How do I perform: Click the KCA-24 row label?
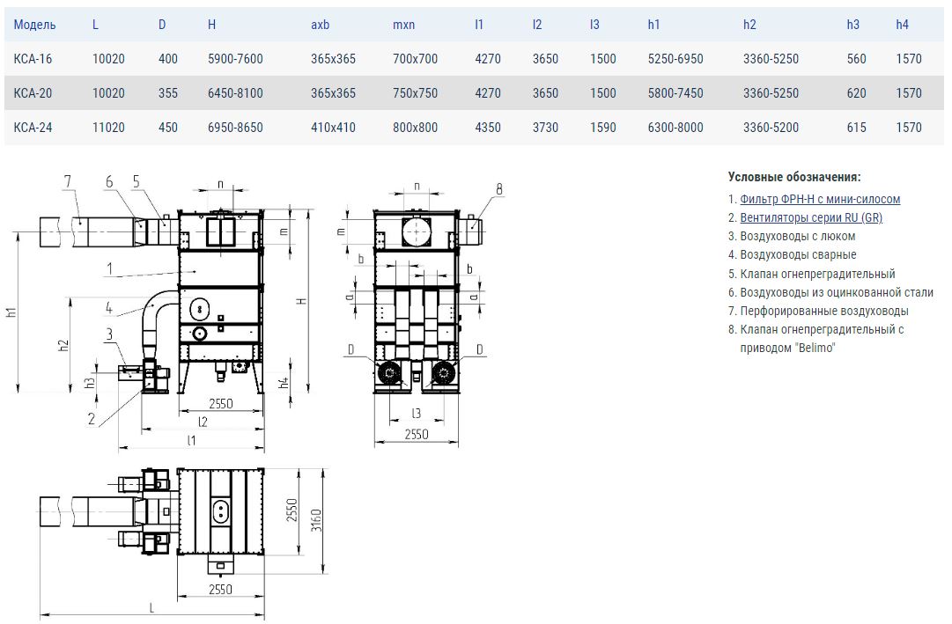[33, 128]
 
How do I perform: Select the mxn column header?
[403, 25]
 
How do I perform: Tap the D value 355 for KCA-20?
[168, 93]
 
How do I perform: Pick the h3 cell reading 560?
[857, 59]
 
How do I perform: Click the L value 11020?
[108, 128]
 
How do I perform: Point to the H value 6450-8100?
[235, 93]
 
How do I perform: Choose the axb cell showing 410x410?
[333, 128]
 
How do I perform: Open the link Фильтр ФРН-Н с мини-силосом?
[820, 199]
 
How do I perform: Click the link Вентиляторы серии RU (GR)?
[811, 217]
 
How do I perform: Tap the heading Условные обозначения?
[794, 177]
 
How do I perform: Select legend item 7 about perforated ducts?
[818, 311]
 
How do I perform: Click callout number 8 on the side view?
[499, 189]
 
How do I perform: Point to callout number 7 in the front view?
[68, 181]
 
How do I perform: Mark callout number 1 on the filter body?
[109, 269]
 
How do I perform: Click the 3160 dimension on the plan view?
[316, 520]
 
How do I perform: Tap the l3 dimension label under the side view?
[416, 414]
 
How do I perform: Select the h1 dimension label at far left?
[11, 312]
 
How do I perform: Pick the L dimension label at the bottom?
[151, 607]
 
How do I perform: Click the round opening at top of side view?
[417, 231]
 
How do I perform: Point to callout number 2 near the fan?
[92, 419]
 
